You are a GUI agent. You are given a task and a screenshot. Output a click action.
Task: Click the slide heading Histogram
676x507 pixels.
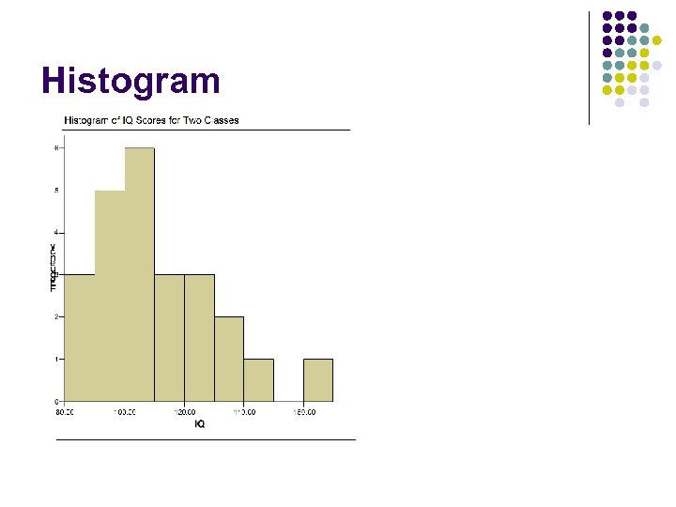[131, 81]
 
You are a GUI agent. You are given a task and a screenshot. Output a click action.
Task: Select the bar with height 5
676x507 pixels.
[109, 296]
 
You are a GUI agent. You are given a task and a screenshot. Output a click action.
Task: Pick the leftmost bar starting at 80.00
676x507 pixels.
[80, 338]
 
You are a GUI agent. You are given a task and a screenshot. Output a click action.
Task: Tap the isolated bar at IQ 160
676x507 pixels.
[317, 380]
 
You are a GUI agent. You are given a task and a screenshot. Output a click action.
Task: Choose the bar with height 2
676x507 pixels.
[228, 360]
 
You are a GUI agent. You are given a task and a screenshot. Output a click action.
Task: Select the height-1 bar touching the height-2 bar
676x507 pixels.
[258, 380]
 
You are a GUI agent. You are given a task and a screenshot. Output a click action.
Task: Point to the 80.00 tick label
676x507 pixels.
[65, 411]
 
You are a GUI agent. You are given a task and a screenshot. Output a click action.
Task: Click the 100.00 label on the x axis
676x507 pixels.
[125, 411]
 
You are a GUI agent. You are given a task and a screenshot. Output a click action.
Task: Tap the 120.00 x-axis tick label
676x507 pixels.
[184, 411]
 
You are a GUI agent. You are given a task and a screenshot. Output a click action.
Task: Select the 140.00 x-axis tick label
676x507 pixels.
[243, 411]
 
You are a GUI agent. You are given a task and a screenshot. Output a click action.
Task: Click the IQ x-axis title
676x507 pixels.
[199, 423]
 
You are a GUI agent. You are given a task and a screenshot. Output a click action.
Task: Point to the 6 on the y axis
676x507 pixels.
[57, 147]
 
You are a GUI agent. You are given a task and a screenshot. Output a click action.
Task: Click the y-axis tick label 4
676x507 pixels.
[57, 232]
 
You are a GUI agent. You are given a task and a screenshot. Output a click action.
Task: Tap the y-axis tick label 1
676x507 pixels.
[57, 360]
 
